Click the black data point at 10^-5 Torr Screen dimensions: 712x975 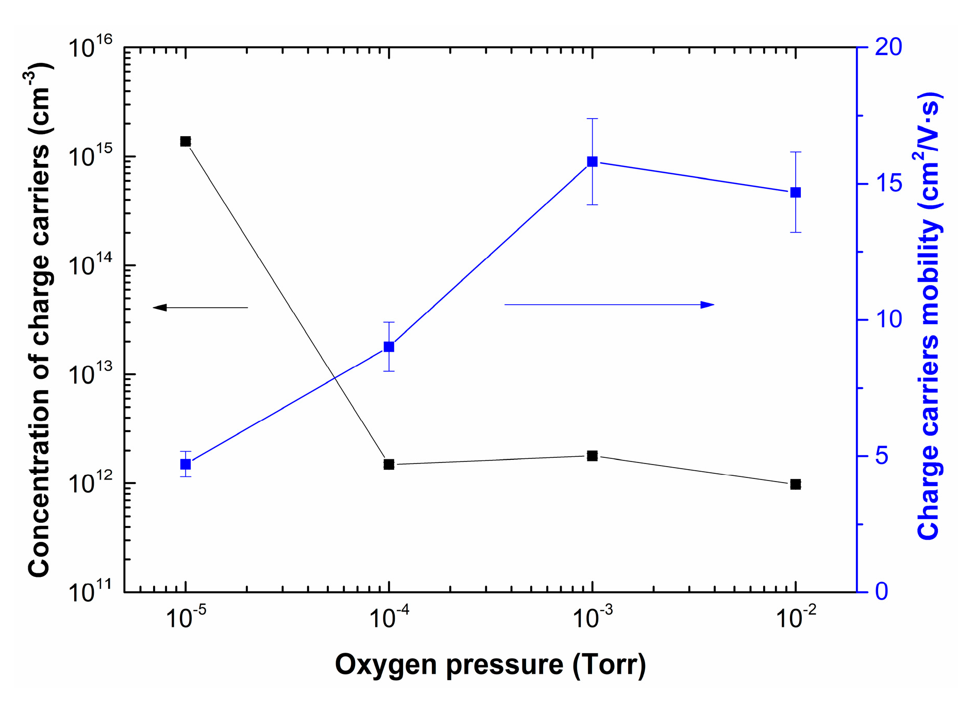(186, 141)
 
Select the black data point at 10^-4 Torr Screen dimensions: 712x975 (389, 465)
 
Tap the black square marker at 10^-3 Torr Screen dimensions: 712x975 (593, 456)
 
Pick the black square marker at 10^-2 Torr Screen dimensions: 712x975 (796, 484)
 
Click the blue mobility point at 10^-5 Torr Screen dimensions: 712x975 (186, 465)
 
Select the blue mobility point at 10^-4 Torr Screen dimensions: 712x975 (389, 347)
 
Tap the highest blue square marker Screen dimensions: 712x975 (593, 162)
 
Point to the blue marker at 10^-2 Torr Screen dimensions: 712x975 (796, 192)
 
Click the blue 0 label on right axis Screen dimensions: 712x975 (882, 591)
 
